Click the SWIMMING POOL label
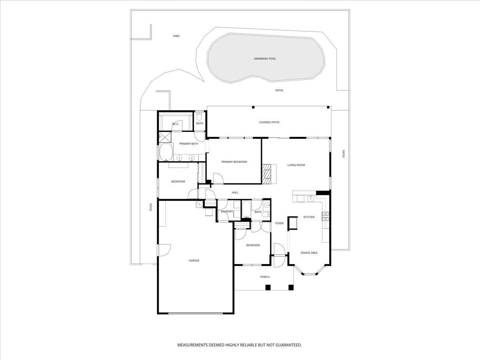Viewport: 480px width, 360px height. coord(265,58)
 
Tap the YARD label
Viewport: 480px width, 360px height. coord(176,36)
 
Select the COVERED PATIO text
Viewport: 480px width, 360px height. coord(269,122)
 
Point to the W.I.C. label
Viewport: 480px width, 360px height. coord(176,124)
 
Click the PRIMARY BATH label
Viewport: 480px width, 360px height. coord(189,144)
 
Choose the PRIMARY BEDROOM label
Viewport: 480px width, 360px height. coord(234,162)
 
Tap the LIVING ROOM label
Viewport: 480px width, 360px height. coord(296,165)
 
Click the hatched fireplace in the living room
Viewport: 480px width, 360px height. coord(266,174)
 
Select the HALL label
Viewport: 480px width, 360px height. coord(235,192)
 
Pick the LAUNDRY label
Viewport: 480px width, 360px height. coord(227,211)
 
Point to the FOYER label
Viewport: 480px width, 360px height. coord(279,223)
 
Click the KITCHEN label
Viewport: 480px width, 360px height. coord(309,217)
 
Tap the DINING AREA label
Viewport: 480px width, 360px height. coord(309,253)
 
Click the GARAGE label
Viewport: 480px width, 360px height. coord(194,260)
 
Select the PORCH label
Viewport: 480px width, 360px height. coord(265,277)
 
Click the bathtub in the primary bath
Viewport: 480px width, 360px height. coord(166,152)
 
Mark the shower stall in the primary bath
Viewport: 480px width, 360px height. coord(165,137)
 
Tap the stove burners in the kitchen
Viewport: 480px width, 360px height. coord(325,217)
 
